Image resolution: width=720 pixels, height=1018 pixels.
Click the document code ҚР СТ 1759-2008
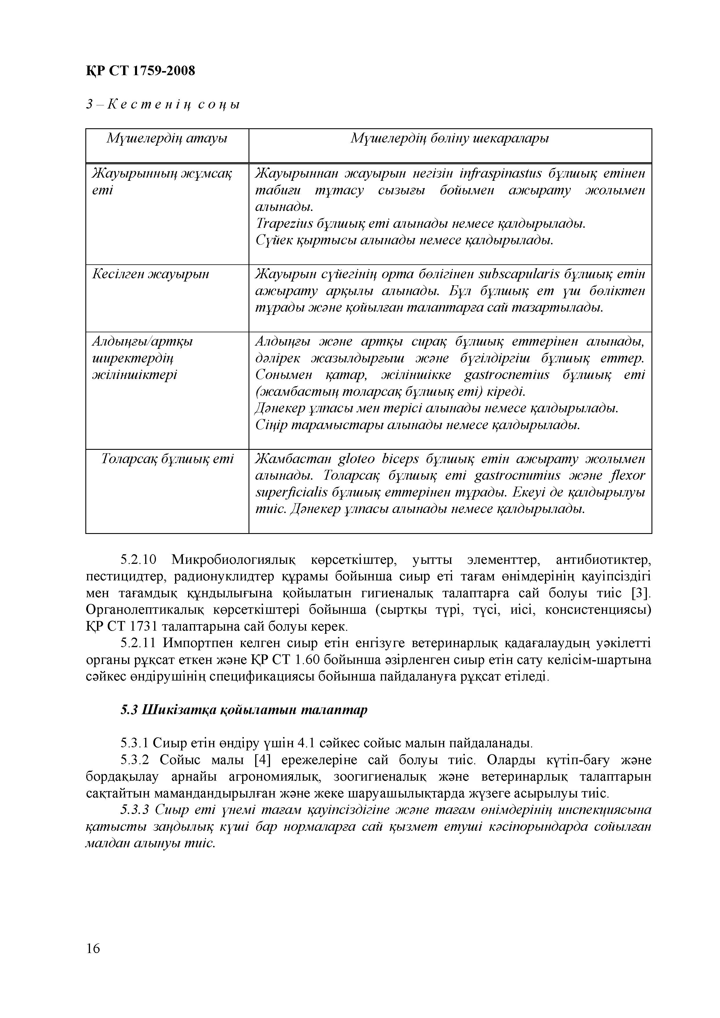[140, 71]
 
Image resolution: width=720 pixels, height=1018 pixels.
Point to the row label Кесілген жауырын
[150, 275]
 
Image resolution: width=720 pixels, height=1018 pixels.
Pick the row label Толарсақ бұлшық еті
[167, 459]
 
